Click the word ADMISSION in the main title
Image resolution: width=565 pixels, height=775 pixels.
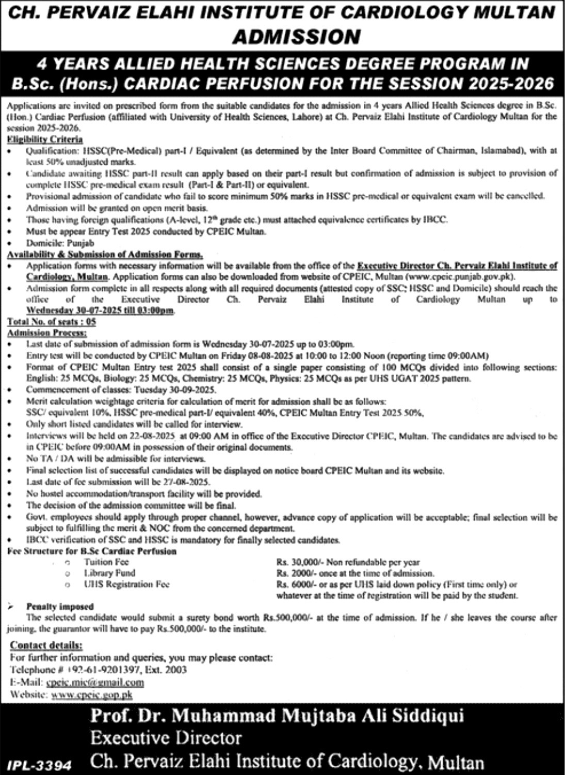[x=296, y=37]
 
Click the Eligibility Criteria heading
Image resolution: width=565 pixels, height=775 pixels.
[x=45, y=139]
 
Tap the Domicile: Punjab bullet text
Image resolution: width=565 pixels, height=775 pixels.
[x=60, y=243]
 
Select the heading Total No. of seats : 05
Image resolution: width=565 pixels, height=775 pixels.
[x=52, y=321]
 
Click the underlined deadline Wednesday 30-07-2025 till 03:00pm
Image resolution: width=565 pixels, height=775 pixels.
[x=100, y=311]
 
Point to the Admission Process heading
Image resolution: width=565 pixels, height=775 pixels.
[x=39, y=333]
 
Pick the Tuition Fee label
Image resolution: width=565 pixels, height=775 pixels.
[x=106, y=562]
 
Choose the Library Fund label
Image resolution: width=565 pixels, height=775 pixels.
[x=109, y=573]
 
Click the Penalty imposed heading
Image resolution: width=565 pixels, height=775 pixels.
[x=60, y=607]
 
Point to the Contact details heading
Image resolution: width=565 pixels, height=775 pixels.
[x=46, y=645]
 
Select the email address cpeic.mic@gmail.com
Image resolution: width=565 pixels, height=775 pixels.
[x=94, y=683]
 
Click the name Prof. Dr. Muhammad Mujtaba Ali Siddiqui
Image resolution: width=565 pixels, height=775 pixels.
[x=277, y=716]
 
